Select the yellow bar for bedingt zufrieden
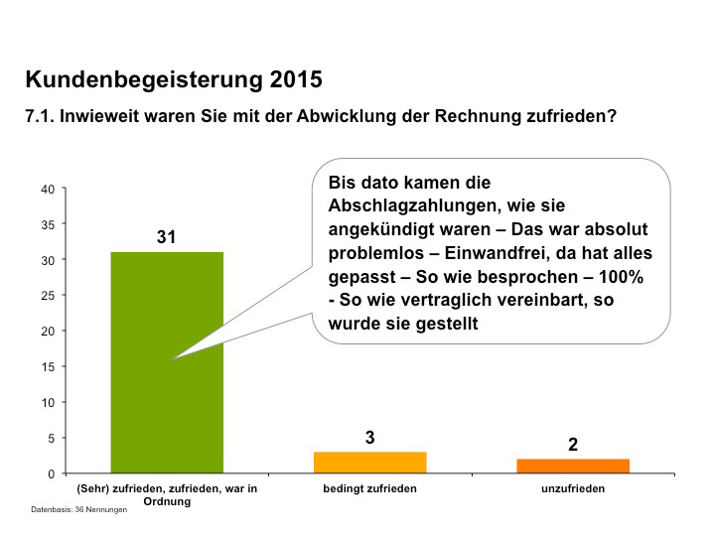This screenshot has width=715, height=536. pos(369,463)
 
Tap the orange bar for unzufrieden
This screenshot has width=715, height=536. pos(572,467)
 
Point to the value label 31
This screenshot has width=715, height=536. pos(167,238)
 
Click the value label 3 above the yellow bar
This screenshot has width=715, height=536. pos(369,437)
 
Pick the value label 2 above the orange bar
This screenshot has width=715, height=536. pos(572,445)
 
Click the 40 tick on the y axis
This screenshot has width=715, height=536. pos(48,189)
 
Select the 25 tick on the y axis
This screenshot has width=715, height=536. pos(48,296)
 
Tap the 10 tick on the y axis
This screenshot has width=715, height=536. pos(48,403)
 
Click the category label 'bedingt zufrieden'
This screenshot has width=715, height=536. pos(369,488)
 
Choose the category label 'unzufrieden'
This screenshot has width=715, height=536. pos(572,488)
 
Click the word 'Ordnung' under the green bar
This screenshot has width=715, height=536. pos(167,501)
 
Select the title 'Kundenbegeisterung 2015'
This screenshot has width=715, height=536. pos(173,78)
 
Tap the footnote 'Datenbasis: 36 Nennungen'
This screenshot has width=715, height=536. pos(79,510)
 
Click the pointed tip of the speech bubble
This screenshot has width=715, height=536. pos(173,358)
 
